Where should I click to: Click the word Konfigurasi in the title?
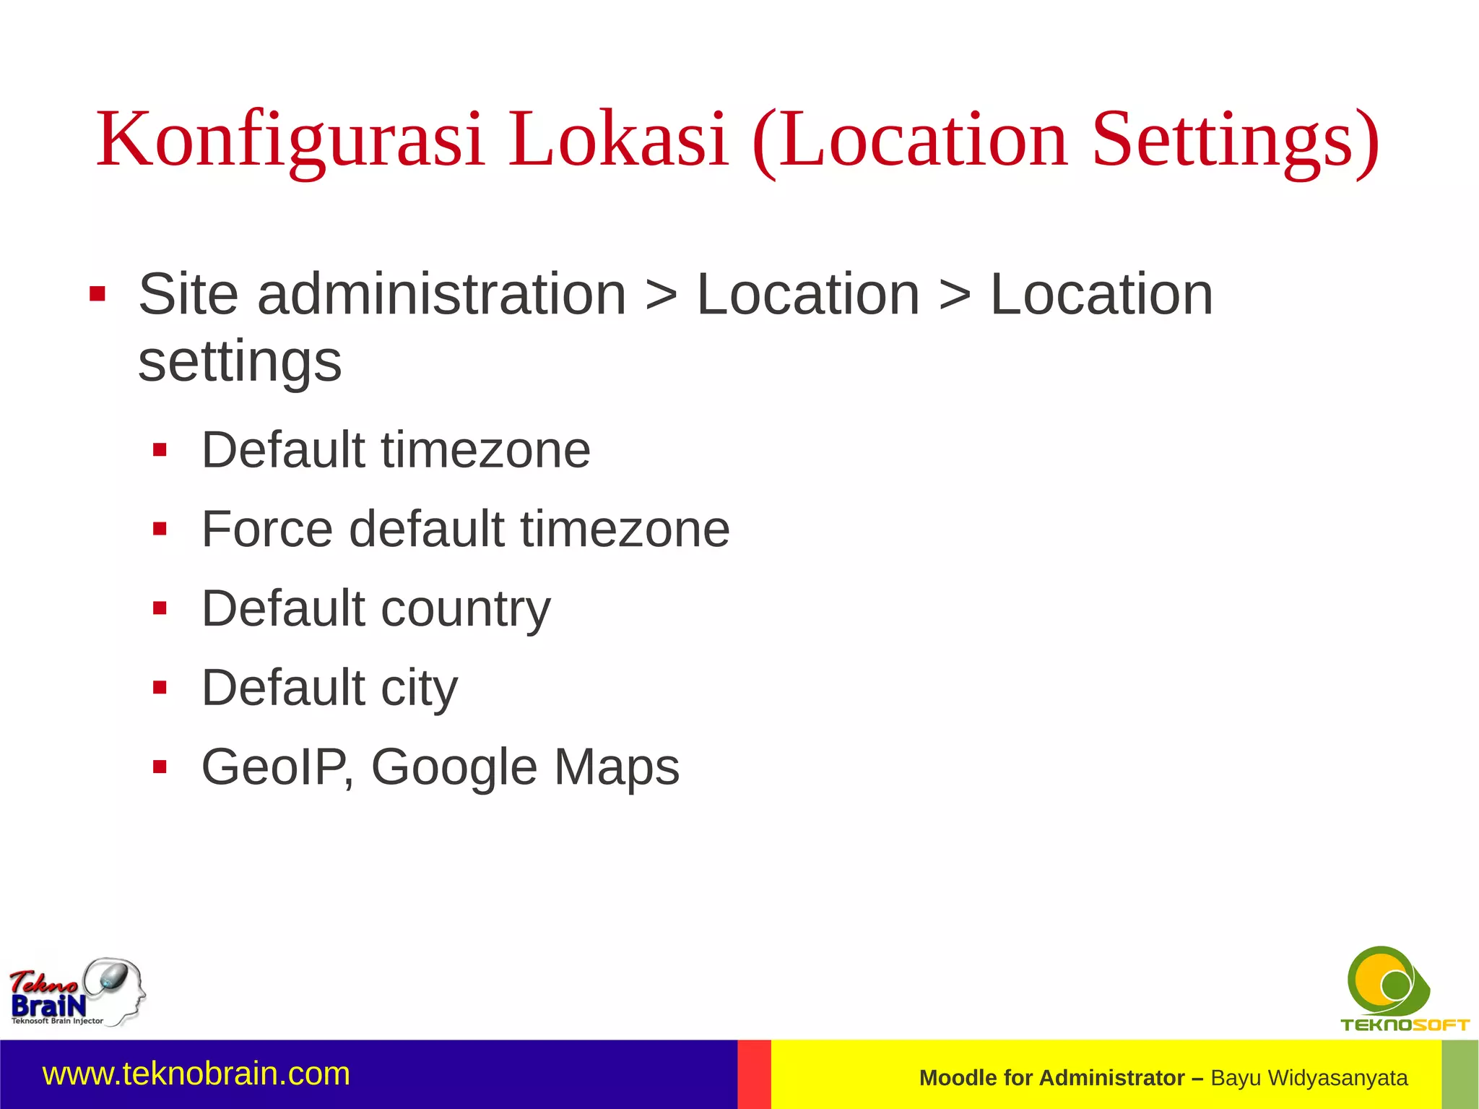pos(290,139)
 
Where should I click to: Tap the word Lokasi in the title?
pos(617,139)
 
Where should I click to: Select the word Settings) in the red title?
pos(1235,139)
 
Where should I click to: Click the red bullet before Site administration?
pos(97,295)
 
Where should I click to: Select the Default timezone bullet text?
pos(396,450)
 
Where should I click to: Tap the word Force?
pos(267,529)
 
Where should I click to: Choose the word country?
pos(466,608)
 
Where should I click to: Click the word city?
pos(419,688)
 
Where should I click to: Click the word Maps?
pos(617,767)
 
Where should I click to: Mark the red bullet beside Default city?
pos(160,687)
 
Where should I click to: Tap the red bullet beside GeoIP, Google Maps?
pos(160,767)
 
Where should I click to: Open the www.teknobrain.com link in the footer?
pos(196,1074)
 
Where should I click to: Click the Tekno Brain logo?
pos(77,993)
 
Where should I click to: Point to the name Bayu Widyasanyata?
pos(1309,1078)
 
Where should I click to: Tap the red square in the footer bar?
pos(754,1074)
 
